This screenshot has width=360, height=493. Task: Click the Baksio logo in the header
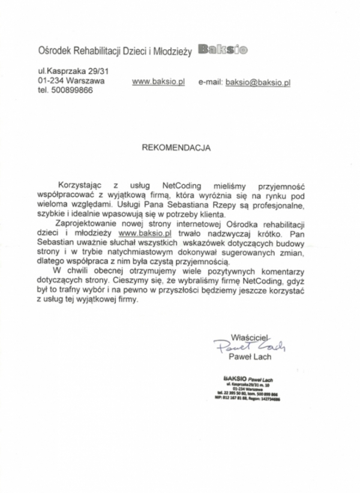click(x=222, y=50)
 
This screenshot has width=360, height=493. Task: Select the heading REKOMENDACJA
click(x=176, y=146)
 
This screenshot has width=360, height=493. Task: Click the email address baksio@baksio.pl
click(x=258, y=82)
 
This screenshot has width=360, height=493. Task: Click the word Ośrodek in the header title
click(x=53, y=52)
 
